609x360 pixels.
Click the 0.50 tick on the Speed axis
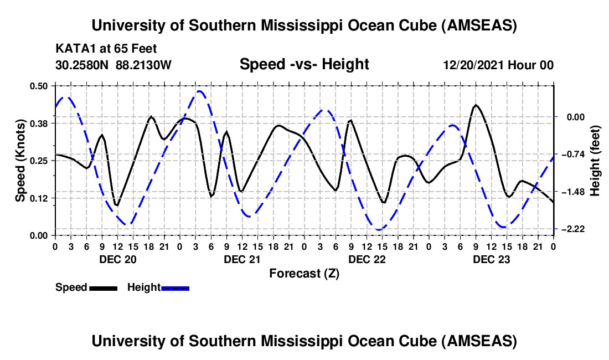pos(41,85)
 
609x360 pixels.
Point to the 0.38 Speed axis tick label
pos(41,123)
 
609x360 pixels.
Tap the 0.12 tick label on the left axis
pos(41,198)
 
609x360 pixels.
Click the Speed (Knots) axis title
pos(20,160)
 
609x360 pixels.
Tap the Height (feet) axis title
pos(596,160)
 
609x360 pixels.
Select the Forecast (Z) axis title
pos(304,273)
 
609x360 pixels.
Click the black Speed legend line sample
pos(103,287)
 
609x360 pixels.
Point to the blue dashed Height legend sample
pos(175,287)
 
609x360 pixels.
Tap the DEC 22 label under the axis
pos(367,259)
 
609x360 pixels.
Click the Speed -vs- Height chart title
pos(304,64)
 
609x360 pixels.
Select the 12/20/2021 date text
pos(472,65)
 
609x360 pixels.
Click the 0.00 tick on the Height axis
pos(574,117)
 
